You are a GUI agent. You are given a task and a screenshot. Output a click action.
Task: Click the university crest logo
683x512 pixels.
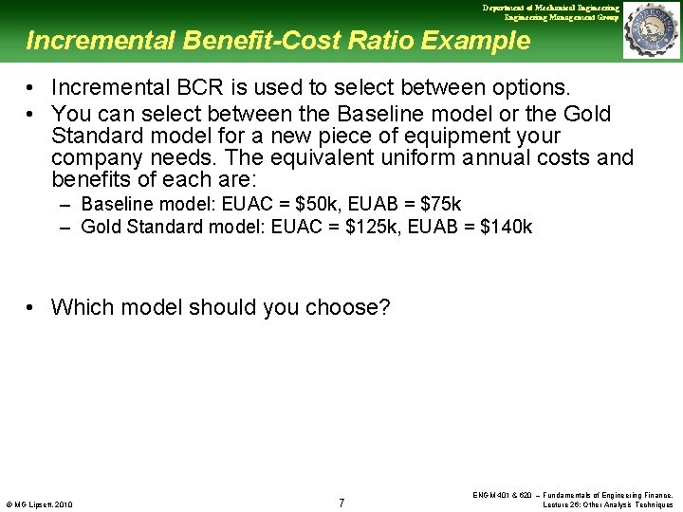click(651, 30)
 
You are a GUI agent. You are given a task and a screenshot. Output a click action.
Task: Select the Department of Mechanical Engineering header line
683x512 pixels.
click(550, 8)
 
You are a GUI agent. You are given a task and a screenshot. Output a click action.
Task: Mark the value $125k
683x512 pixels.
click(380, 227)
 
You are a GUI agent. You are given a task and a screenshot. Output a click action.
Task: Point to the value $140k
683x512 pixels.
click(507, 227)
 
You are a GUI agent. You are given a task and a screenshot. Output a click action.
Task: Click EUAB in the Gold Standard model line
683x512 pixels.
click(435, 227)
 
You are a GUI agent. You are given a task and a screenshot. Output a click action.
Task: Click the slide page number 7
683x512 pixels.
click(341, 502)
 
